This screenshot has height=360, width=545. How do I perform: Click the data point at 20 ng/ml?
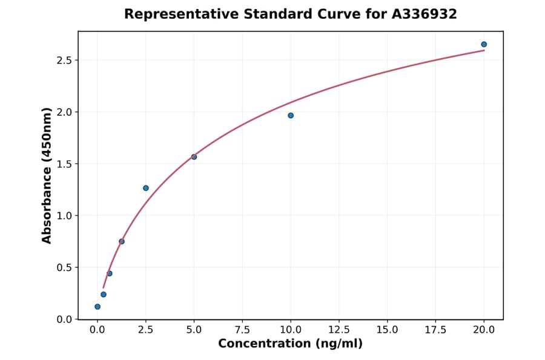pos(484,44)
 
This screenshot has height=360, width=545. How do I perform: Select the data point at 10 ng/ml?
pos(291,115)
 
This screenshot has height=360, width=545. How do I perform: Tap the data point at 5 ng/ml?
pos(194,157)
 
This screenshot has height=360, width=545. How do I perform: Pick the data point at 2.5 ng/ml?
pos(146,188)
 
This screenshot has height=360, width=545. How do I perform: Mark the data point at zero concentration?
pos(97,307)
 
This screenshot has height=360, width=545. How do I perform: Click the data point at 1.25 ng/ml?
pos(122,241)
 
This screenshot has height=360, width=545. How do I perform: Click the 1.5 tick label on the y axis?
pos(64,164)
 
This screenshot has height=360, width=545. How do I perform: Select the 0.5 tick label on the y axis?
pos(64,267)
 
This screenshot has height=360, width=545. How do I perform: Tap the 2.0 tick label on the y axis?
pos(64,112)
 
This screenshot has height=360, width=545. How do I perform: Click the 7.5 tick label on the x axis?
pos(242,330)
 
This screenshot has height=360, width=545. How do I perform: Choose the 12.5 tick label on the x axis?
pos(339,330)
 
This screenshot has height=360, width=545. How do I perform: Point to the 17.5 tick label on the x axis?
pos(435,330)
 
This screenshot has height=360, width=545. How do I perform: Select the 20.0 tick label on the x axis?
pos(484,330)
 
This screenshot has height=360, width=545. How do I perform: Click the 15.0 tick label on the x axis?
pos(387,330)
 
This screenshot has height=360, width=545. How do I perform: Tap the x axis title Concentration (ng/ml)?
pos(290,344)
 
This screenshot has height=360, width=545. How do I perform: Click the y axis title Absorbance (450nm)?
pos(47,175)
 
